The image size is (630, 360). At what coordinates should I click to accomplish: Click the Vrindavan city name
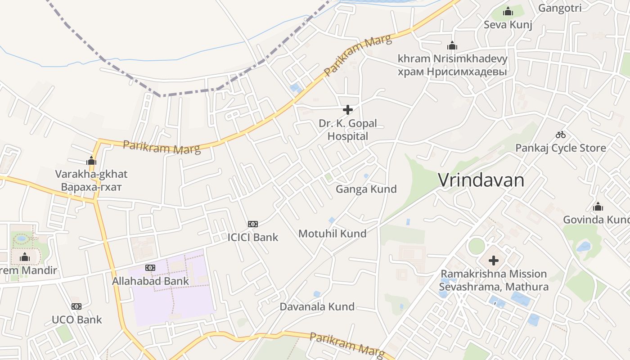tap(481, 180)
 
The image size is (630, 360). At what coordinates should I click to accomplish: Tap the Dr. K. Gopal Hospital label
tap(347, 130)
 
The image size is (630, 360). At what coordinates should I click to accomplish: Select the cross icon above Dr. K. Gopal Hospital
tap(347, 109)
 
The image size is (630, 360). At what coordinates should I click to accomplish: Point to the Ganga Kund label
tap(366, 189)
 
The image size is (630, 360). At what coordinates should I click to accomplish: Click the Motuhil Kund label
tap(332, 234)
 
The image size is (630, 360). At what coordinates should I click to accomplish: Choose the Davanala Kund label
tap(317, 307)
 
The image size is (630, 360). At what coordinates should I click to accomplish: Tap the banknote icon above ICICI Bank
tap(253, 224)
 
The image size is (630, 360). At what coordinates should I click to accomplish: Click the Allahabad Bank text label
tap(150, 281)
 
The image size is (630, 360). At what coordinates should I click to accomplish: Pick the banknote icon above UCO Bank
tap(76, 306)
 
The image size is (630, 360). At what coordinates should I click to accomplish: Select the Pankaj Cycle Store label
tap(560, 148)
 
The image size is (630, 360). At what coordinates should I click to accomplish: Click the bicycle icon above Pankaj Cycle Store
tap(560, 134)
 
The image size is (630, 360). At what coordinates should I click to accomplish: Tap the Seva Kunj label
tap(508, 25)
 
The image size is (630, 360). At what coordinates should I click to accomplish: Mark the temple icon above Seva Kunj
tap(508, 11)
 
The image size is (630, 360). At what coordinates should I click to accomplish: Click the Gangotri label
tap(560, 8)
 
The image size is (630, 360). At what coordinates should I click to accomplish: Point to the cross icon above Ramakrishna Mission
tap(494, 260)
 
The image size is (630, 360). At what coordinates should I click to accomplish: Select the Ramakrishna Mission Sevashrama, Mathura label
tap(494, 280)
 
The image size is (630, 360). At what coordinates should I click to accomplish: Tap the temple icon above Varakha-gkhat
tap(91, 160)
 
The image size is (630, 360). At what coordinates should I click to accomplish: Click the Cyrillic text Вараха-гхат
tap(91, 187)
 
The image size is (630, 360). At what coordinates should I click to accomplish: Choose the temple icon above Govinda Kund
tap(598, 207)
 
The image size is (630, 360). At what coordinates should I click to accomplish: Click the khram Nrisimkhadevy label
tap(452, 59)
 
